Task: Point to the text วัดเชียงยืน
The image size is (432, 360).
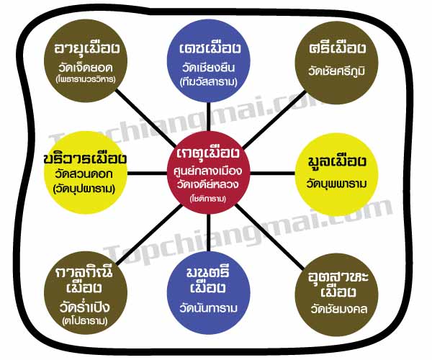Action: pos(214,68)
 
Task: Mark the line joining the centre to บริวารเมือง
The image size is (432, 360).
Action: pos(151,173)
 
